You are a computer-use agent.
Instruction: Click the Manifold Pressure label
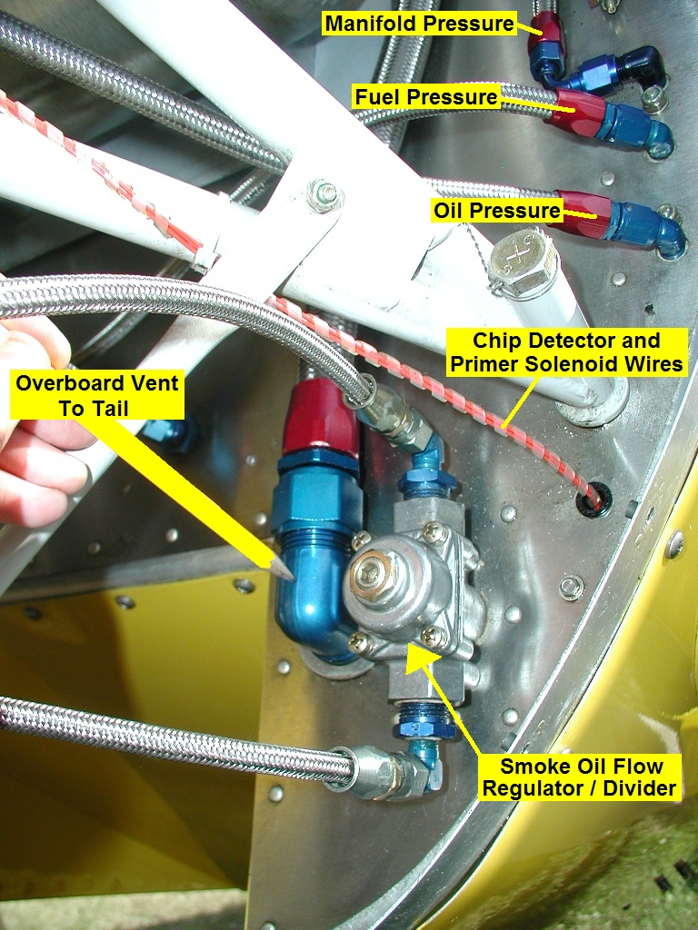pyautogui.click(x=420, y=24)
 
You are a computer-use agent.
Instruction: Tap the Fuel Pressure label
pyautogui.click(x=426, y=96)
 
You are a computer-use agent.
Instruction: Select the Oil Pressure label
pyautogui.click(x=497, y=211)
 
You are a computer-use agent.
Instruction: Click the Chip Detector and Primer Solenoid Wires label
pyautogui.click(x=566, y=352)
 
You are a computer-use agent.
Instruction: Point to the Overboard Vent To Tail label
pyautogui.click(x=97, y=396)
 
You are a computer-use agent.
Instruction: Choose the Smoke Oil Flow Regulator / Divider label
pyautogui.click(x=580, y=777)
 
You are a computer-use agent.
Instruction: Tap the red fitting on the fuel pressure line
pyautogui.click(x=575, y=112)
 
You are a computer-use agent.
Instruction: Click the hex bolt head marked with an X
pyautogui.click(x=523, y=262)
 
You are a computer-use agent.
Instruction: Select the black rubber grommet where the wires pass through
pyautogui.click(x=594, y=500)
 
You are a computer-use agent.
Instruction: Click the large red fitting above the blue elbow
pyautogui.click(x=320, y=418)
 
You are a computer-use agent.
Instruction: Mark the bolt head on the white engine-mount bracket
pyautogui.click(x=324, y=194)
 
